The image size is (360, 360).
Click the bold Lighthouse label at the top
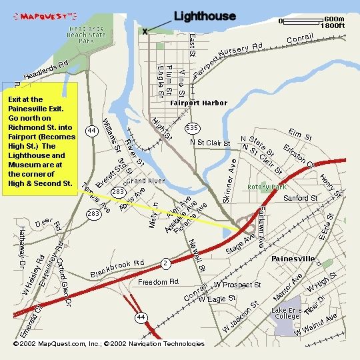pyautogui.click(x=205, y=17)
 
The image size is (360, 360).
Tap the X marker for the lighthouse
pyautogui.click(x=145, y=31)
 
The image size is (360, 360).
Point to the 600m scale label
pyautogui.click(x=333, y=19)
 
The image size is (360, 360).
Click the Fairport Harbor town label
pyautogui.click(x=199, y=103)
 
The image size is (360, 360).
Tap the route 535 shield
pyautogui.click(x=192, y=127)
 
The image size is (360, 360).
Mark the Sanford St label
pyautogui.click(x=301, y=198)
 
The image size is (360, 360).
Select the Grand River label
pyautogui.click(x=145, y=181)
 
